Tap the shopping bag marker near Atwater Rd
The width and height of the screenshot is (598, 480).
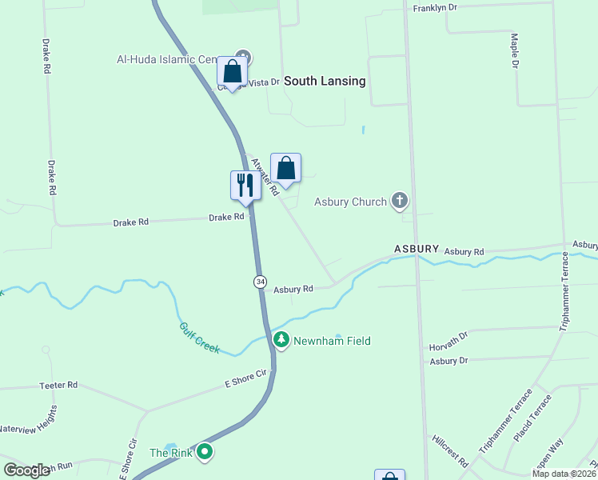click(285, 168)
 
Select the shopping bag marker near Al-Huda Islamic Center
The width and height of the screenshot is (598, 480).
click(232, 72)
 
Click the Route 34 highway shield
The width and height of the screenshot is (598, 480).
click(260, 282)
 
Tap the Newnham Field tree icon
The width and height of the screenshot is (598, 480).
click(281, 340)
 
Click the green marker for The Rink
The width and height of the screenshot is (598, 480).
click(205, 453)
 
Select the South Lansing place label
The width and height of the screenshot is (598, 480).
click(325, 81)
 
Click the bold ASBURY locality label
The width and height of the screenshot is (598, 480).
click(416, 250)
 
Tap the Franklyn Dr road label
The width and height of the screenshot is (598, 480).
click(435, 8)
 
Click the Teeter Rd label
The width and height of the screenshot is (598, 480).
click(58, 386)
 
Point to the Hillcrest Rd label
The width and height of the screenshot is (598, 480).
click(449, 451)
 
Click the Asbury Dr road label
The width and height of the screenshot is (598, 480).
click(448, 362)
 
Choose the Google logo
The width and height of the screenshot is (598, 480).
click(27, 470)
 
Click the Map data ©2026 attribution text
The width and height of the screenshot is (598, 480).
click(564, 474)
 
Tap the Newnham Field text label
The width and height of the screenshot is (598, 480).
click(332, 341)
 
